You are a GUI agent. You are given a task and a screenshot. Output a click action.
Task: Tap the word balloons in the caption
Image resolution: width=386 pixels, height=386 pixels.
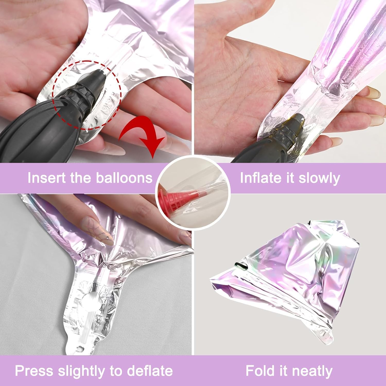[124, 178]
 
